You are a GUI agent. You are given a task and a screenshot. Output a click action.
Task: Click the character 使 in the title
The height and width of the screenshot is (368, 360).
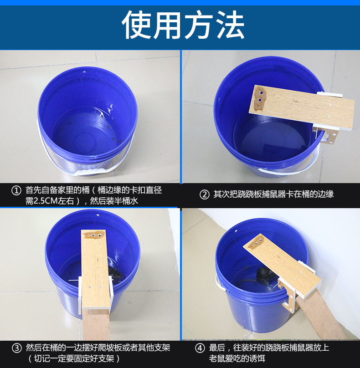[136, 25]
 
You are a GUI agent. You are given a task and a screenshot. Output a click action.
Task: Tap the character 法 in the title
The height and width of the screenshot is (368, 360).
[230, 25]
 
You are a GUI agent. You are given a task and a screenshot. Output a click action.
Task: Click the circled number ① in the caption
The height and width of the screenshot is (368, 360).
[16, 190]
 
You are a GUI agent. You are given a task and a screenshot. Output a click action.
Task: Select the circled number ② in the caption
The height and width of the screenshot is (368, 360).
[204, 194]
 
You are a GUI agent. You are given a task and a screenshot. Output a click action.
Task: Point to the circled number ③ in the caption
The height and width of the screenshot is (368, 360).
[17, 348]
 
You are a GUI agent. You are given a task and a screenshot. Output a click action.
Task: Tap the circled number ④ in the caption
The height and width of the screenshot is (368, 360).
[200, 348]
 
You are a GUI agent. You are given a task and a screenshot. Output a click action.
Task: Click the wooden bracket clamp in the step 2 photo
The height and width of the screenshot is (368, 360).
[325, 136]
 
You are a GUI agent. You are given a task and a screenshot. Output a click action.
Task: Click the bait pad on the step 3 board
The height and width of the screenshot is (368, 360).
[93, 235]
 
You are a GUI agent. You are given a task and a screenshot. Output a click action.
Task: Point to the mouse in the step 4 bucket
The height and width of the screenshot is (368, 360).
[265, 276]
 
